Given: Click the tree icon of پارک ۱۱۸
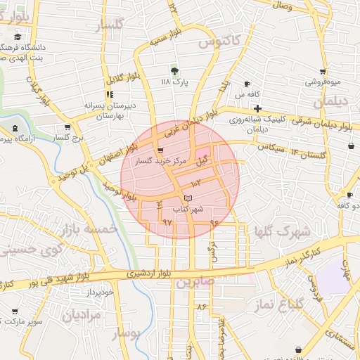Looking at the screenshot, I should (174, 71).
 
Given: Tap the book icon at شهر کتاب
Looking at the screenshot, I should (187, 198).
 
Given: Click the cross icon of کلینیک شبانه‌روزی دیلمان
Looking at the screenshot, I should (258, 109).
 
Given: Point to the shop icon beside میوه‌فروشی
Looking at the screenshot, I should (323, 72).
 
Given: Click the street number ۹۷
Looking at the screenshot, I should (167, 222).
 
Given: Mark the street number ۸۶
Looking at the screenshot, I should (202, 307).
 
